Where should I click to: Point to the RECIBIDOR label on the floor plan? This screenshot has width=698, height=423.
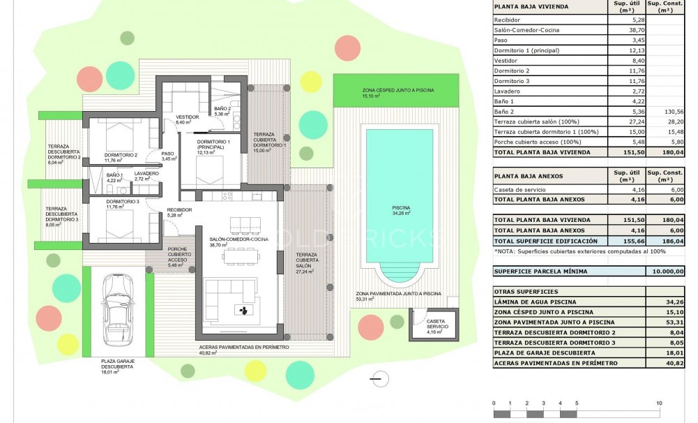[179, 211]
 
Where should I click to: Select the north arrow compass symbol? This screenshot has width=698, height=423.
[377, 380]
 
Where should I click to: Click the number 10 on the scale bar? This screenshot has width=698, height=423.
[659, 403]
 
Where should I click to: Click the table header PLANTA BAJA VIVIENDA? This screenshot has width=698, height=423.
[531, 7]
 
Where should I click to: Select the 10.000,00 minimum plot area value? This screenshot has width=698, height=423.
[667, 271]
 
